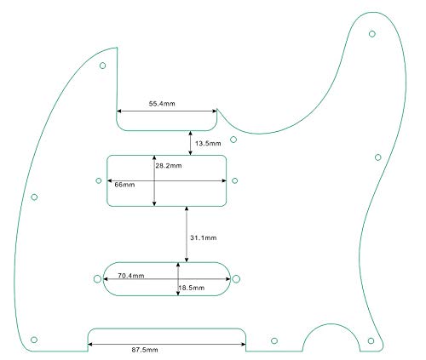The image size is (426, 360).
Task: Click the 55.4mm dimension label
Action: click(162, 104)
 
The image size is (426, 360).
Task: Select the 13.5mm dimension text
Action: click(208, 143)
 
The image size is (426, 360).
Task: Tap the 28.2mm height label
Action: click(169, 166)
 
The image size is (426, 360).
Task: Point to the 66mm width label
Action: click(124, 185)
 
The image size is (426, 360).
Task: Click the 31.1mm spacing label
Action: click(204, 237)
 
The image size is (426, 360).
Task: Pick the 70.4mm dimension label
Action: click(131, 276)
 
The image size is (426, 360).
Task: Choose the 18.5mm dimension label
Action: click(192, 288)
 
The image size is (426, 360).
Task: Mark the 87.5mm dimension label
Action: click(145, 350)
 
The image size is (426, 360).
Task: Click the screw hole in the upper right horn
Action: click(372, 34)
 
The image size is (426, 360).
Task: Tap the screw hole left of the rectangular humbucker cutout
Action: click(99, 180)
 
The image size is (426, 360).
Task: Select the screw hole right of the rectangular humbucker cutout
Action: click(234, 180)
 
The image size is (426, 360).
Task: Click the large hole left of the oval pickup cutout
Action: click(97, 279)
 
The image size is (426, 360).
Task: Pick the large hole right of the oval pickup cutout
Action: click(236, 279)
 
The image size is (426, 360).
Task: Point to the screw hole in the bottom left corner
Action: click(34, 340)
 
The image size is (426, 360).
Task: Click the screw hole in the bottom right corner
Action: click(371, 340)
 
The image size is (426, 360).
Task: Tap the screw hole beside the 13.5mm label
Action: click(233, 140)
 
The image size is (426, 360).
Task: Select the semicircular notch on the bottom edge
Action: click(331, 324)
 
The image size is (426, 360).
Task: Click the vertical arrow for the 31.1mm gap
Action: click(187, 234)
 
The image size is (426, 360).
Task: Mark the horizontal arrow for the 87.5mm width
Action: click(167, 345)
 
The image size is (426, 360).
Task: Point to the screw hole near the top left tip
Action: click(102, 66)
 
